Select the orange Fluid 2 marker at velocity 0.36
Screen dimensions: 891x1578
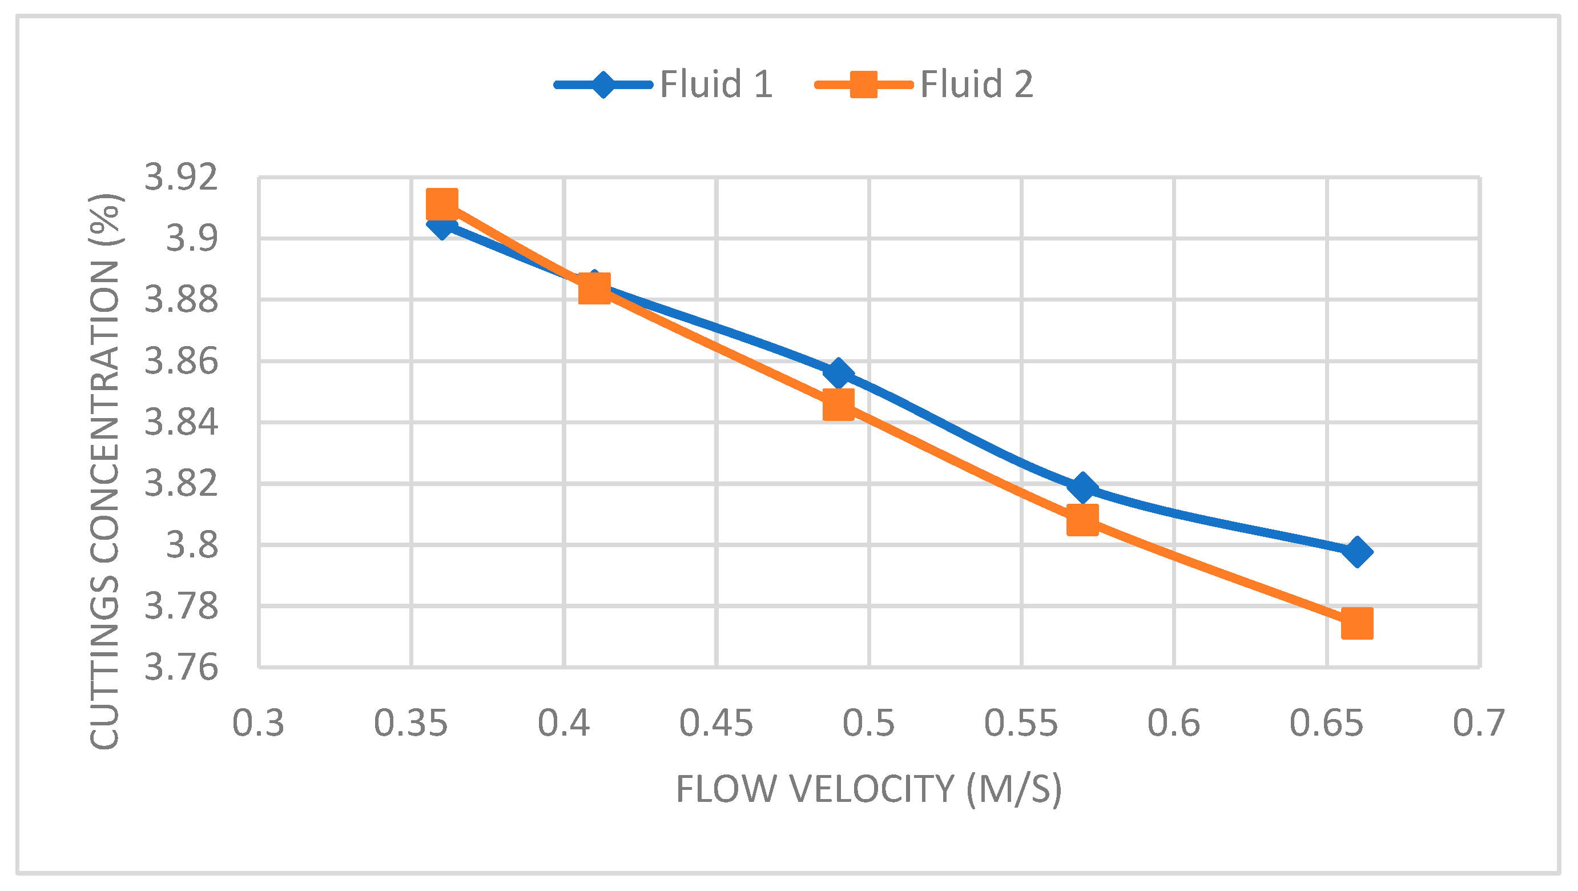[442, 204]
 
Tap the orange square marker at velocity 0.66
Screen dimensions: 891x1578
[1357, 624]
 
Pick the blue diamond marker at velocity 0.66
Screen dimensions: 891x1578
[1357, 552]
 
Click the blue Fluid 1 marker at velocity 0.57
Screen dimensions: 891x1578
[1082, 487]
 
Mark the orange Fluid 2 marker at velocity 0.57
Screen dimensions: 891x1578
[1082, 520]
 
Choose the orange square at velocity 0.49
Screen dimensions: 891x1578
[839, 404]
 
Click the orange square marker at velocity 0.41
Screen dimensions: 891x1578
[594, 288]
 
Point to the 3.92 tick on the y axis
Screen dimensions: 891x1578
[181, 177]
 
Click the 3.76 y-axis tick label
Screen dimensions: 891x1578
[181, 667]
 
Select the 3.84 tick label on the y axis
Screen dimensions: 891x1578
[181, 422]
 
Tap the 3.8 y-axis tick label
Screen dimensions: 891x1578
[192, 545]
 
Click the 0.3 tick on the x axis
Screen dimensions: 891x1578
[258, 723]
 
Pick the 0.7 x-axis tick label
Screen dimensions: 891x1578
[1479, 723]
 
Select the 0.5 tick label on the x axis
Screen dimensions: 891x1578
[868, 723]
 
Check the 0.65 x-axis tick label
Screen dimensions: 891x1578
[1326, 723]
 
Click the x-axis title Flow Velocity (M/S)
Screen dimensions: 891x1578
[868, 789]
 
